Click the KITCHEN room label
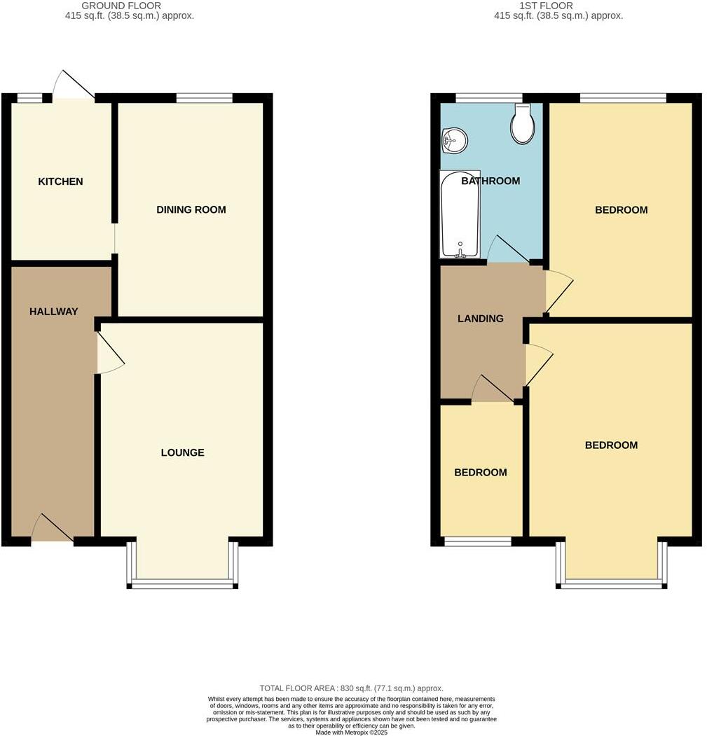[x=60, y=181]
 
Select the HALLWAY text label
[x=53, y=312]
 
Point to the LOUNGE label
[x=182, y=452]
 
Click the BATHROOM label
[x=490, y=181]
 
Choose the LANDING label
[x=480, y=319]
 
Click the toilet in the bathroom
[x=522, y=124]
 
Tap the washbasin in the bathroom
[x=454, y=140]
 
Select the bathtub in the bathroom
[x=460, y=214]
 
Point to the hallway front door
[x=53, y=529]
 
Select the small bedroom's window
[x=478, y=541]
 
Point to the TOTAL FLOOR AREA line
[x=351, y=688]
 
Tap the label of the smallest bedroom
[x=480, y=472]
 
